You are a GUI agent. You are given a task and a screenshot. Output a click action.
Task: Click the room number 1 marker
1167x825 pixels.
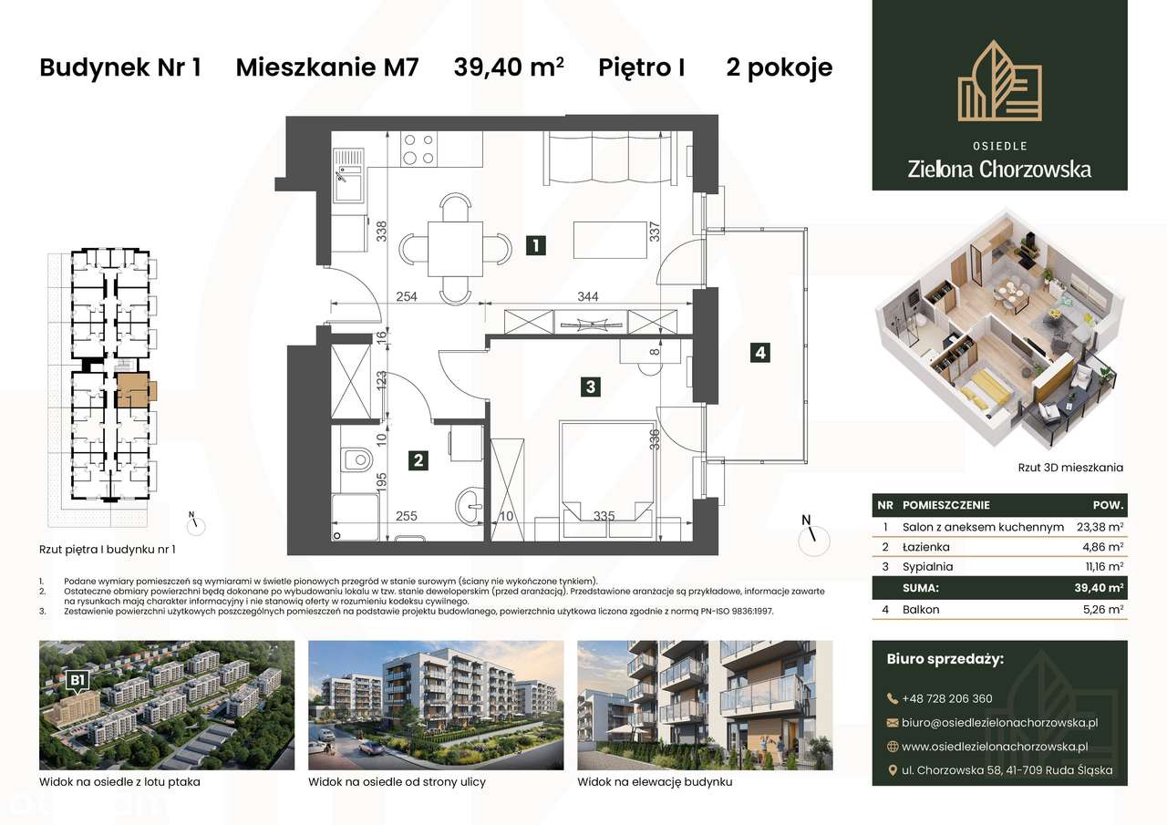[536, 244]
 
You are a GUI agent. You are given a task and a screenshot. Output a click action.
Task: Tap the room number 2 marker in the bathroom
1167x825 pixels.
[418, 460]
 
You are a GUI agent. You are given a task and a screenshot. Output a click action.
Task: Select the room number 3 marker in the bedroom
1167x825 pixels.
[591, 387]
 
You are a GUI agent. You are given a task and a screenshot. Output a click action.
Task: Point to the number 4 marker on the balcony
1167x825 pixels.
[759, 351]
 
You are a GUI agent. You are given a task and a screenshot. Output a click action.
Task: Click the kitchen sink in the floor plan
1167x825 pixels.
[348, 174]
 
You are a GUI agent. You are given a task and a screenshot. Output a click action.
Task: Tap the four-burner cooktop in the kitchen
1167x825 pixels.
[418, 149]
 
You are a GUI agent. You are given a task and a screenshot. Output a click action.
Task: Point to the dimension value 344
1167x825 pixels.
[588, 297]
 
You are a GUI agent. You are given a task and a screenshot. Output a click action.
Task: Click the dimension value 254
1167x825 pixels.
[407, 297]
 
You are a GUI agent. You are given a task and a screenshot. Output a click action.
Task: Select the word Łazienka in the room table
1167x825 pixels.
[926, 547]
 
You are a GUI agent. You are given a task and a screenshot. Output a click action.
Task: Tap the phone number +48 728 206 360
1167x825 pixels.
[946, 698]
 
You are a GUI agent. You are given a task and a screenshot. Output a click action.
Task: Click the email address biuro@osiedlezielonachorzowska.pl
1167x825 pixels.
[999, 722]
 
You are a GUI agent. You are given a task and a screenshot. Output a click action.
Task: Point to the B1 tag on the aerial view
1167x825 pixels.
[77, 679]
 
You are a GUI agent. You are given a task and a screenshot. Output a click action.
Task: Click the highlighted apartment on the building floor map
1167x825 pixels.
[136, 389]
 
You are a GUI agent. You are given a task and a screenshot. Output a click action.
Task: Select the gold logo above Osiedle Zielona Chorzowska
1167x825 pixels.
[999, 82]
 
